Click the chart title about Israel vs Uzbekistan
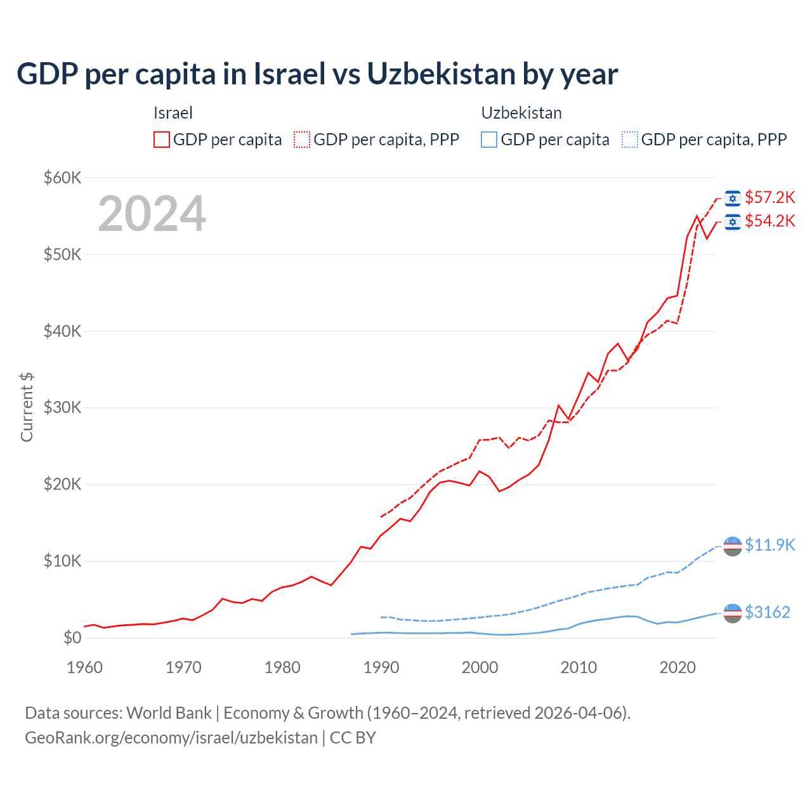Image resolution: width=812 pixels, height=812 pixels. pos(317,74)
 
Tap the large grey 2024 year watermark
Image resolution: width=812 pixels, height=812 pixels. pos(152,214)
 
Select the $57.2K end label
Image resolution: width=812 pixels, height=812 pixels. pos(769,197)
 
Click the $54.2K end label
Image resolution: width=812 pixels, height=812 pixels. pos(769,221)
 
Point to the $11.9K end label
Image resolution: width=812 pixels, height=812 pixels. pos(769,545)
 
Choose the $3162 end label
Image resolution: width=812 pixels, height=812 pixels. pos(767,612)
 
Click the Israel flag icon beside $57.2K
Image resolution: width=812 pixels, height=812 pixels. pos(733,198)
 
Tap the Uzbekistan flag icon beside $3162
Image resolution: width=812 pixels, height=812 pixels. pos(733,613)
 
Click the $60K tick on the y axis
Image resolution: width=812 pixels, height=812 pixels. pos(62,178)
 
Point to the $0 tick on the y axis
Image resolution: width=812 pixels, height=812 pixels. pos(72,638)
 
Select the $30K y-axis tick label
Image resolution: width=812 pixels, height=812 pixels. pos(62,407)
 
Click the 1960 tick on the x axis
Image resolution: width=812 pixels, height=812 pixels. pos(84,667)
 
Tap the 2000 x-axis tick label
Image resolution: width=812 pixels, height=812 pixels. pos(480,667)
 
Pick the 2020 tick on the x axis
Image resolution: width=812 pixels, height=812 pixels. pos(678,667)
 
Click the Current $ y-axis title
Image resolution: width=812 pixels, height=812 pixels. pos(27,407)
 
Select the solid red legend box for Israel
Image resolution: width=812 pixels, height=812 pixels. pos(162,140)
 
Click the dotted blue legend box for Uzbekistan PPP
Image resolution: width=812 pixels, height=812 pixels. pos(630,140)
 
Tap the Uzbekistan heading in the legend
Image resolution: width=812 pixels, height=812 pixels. pos(521,113)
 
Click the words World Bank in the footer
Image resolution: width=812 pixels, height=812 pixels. pos(169,713)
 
